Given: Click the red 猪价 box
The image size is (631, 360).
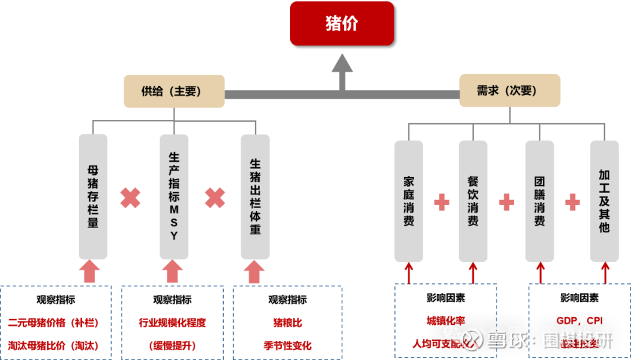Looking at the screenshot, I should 342,23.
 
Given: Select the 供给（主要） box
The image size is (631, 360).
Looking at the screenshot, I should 174,91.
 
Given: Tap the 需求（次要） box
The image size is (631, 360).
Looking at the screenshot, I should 509,91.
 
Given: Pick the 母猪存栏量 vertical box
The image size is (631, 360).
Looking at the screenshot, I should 93,196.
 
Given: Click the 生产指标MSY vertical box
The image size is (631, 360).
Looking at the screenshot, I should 174,196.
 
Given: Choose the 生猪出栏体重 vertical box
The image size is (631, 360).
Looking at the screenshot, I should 255,196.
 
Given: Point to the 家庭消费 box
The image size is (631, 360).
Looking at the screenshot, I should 408,201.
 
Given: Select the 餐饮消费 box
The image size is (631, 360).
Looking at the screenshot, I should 473,201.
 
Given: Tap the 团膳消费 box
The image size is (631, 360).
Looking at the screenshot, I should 539,201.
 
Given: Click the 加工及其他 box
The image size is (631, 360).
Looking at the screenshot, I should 604,201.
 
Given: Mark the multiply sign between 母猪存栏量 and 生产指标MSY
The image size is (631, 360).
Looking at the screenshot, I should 131,198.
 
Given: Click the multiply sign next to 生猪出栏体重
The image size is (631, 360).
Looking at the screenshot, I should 215,198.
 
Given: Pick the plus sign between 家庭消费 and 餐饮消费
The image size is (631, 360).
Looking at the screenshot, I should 442,202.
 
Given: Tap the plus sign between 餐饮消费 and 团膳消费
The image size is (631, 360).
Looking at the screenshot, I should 507,202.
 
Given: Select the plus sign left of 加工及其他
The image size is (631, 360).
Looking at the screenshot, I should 572,202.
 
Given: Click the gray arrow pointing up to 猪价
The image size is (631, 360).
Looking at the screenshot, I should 342,70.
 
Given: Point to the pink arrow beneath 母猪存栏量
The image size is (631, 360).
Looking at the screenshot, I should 89,272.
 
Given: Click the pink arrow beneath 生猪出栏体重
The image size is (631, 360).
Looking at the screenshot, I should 254,272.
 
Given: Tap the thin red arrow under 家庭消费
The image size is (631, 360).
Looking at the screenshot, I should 409,272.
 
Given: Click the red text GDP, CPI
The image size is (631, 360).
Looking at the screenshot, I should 579,321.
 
